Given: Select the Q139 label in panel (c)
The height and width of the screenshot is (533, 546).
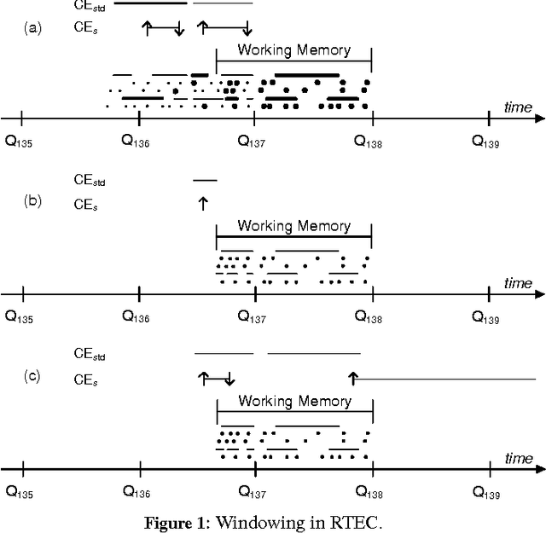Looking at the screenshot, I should [x=490, y=491].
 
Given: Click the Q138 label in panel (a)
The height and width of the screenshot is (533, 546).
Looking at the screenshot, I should [x=369, y=142].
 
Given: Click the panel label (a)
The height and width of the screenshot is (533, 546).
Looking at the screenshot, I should [x=33, y=28].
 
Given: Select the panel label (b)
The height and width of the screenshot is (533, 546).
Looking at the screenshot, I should [x=33, y=202].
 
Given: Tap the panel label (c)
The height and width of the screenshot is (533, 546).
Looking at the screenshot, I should [x=33, y=376].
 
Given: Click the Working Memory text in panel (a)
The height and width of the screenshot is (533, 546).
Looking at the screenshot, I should [x=293, y=49].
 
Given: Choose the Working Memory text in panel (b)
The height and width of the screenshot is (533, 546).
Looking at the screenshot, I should [x=293, y=226].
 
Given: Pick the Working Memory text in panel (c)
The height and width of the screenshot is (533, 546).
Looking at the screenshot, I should [x=294, y=401].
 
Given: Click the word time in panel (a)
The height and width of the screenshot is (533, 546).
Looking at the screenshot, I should [x=517, y=107].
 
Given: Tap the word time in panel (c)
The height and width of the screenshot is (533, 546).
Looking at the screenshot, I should [x=518, y=458].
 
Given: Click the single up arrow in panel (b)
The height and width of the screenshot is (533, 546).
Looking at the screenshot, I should [x=202, y=203].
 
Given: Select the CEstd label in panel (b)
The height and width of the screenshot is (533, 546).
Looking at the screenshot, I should [x=90, y=180].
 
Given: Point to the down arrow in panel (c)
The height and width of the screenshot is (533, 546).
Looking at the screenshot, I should [x=229, y=378].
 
